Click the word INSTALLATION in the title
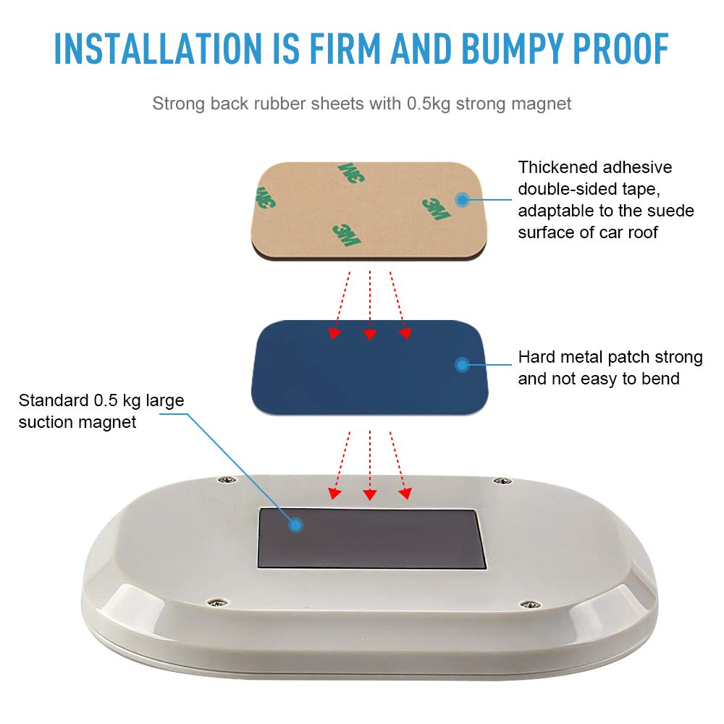[158, 49]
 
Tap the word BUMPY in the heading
[513, 49]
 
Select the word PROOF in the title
[621, 49]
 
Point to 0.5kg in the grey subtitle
[428, 104]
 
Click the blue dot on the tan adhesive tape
[462, 200]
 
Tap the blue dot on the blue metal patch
[462, 365]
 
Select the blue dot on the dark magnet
[295, 524]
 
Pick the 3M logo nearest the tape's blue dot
[437, 209]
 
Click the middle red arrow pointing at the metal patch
[370, 306]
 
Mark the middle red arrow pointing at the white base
[370, 466]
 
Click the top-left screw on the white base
[227, 480]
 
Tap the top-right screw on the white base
[502, 481]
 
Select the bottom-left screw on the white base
[217, 602]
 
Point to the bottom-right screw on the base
[531, 605]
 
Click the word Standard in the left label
[54, 400]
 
